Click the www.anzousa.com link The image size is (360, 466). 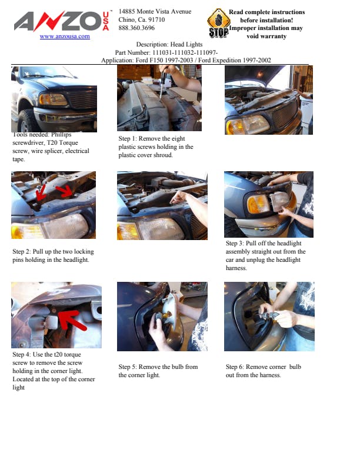(65, 36)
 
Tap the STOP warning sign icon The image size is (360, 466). (219, 24)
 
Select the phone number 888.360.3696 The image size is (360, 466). (136, 28)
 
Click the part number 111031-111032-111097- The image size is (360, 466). (185, 52)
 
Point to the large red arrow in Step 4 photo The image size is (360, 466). (72, 319)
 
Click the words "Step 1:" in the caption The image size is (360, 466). (128, 138)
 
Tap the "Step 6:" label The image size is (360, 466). (235, 367)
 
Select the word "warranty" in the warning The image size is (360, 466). (266, 36)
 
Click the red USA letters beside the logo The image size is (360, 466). (106, 21)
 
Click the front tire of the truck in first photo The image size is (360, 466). (26, 121)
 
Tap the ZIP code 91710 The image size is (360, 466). (156, 19)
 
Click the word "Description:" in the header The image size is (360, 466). (152, 45)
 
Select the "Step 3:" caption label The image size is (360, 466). (235, 243)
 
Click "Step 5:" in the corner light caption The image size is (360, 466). (128, 367)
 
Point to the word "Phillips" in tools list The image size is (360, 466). (61, 135)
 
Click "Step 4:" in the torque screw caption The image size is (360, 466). (22, 355)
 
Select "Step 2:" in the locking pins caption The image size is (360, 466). (22, 251)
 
